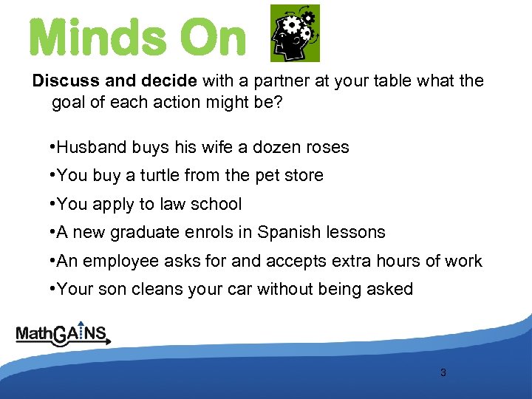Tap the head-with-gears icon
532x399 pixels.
coord(295,33)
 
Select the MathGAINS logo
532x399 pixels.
coord(64,334)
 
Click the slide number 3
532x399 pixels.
coord(443,372)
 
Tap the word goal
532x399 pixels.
coord(69,102)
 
